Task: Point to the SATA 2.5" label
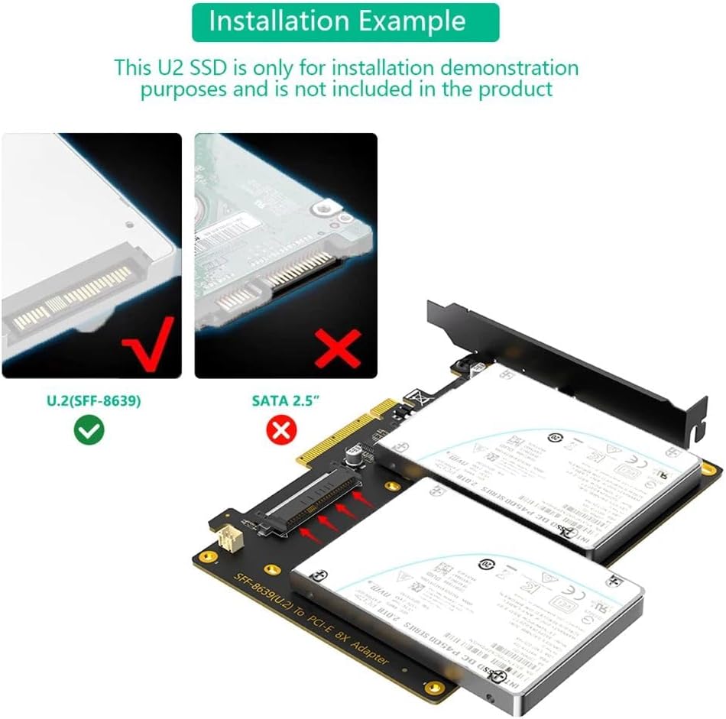[x=284, y=400]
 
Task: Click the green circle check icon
[x=89, y=432]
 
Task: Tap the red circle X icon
[x=280, y=432]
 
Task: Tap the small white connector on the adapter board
[x=227, y=542]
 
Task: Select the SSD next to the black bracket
[x=543, y=458]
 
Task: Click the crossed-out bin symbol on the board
[x=417, y=397]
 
